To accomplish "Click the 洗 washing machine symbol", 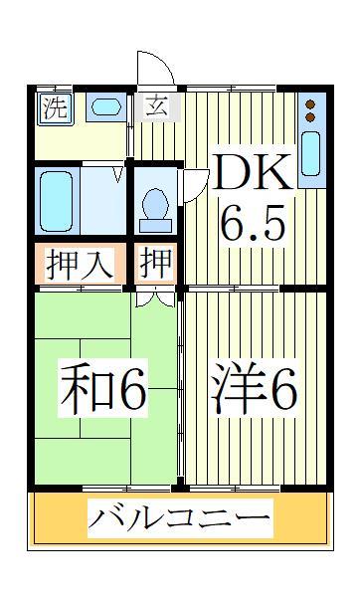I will [54, 108].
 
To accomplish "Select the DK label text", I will [251, 175].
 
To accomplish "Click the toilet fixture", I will [156, 205].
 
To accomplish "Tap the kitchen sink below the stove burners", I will [309, 155].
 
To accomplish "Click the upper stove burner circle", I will [309, 103].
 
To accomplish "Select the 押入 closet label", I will [80, 265].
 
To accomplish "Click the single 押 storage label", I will [157, 265].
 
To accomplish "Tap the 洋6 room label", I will [254, 391].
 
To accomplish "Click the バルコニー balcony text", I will [180, 518].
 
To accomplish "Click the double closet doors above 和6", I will [154, 296].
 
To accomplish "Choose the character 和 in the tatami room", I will [85, 390].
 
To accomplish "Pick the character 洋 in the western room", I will [233, 391].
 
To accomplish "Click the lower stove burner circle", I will [309, 117].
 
